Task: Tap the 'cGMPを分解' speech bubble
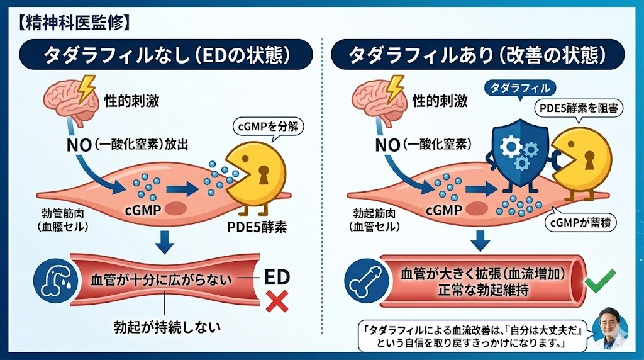(x=269, y=126)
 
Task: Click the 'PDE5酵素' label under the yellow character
(x=258, y=227)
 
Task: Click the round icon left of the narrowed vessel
(x=50, y=279)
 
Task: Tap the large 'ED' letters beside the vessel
(x=277, y=277)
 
